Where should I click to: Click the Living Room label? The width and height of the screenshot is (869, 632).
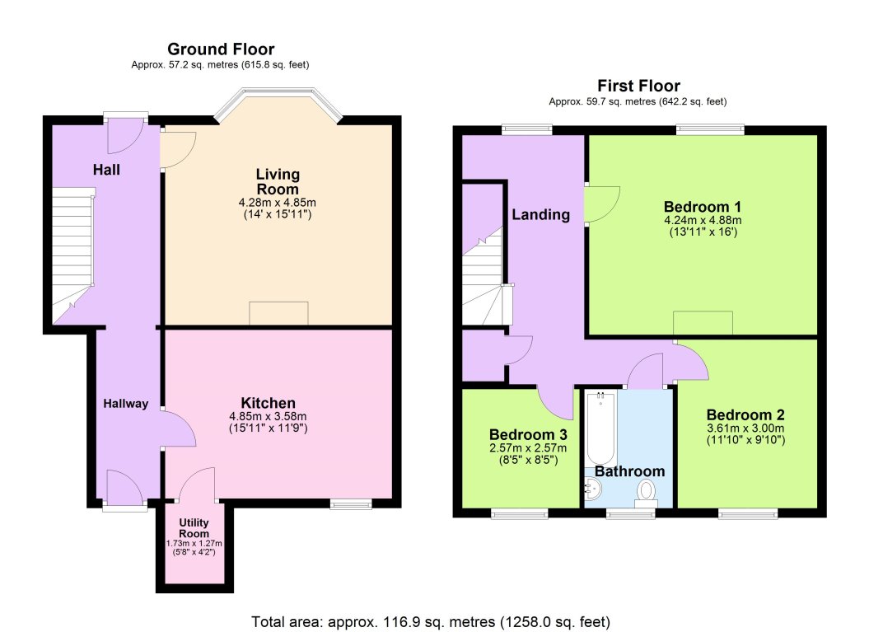tap(278, 181)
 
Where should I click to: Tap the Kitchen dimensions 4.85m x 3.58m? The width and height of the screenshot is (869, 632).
tap(278, 416)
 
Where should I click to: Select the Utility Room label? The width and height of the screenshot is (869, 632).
tap(194, 528)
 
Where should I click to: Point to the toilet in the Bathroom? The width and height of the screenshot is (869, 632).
tap(647, 493)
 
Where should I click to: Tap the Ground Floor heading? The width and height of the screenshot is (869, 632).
tap(220, 49)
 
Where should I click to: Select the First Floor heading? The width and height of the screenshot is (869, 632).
tap(638, 86)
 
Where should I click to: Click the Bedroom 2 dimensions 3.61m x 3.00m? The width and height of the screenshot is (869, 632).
tap(745, 428)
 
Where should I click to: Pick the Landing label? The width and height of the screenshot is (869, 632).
tap(541, 215)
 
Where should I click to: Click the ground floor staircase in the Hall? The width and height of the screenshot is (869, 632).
tap(72, 251)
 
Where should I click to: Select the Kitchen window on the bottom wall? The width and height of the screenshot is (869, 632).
tap(351, 504)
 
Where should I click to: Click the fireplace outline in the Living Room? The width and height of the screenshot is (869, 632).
tap(278, 313)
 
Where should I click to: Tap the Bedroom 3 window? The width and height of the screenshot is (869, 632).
tap(520, 514)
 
